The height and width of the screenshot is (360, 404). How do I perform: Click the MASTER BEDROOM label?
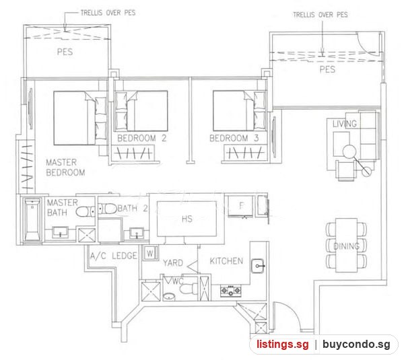tap(65, 168)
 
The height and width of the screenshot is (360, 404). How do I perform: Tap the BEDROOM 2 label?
tap(141, 139)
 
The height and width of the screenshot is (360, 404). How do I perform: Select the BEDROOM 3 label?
tap(234, 139)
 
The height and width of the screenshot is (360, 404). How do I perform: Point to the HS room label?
tap(187, 219)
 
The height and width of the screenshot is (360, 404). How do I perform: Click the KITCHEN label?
tap(226, 261)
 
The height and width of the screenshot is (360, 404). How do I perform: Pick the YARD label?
tap(173, 262)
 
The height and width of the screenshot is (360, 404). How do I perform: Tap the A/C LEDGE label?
tap(113, 256)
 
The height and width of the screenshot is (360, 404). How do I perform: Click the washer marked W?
tap(150, 254)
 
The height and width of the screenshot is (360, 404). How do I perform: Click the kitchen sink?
tap(258, 266)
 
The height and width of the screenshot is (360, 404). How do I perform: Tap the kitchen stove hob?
tap(231, 291)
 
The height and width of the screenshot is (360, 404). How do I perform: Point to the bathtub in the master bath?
tap(32, 219)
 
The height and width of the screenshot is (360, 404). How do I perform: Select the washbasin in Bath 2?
tap(136, 233)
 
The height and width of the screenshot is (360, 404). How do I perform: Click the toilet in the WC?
tap(189, 289)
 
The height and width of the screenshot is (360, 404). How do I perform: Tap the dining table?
tap(347, 245)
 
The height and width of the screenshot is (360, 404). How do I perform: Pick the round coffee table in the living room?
tap(349, 151)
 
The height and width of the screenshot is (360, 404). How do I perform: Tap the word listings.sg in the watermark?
tap(282, 345)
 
